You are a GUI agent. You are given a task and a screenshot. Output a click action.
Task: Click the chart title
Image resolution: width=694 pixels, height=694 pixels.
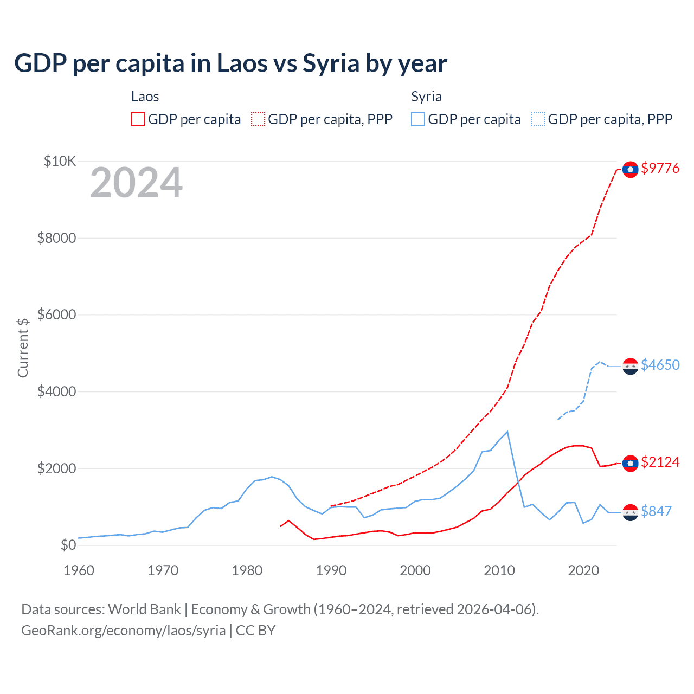click(230, 63)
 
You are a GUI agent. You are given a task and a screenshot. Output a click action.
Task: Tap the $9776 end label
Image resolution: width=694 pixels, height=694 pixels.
click(660, 168)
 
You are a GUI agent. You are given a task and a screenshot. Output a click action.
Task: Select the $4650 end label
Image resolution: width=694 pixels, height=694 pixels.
click(660, 365)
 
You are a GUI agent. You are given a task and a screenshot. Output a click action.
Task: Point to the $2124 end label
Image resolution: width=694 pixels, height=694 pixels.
click(660, 462)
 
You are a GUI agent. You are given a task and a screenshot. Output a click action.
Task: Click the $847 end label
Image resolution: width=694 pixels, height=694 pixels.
click(656, 511)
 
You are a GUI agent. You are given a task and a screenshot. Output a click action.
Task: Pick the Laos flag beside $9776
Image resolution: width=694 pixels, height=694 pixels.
click(630, 170)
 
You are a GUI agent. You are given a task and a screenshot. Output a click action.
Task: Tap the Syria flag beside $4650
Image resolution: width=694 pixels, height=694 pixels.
click(630, 367)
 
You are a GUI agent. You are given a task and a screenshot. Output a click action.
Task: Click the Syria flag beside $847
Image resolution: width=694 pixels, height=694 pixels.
click(630, 512)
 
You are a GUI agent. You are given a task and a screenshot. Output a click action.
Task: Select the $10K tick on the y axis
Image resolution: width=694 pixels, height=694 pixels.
click(60, 161)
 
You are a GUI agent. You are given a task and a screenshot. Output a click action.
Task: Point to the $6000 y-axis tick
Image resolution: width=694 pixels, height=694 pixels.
click(56, 314)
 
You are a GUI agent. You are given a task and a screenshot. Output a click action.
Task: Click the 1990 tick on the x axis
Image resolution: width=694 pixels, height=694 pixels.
click(331, 570)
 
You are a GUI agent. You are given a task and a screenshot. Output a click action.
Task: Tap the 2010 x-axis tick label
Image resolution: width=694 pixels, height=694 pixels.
click(499, 570)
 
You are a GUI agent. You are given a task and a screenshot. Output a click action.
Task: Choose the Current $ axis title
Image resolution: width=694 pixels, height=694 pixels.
click(23, 348)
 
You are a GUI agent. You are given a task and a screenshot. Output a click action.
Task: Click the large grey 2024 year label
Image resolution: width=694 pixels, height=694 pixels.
click(136, 183)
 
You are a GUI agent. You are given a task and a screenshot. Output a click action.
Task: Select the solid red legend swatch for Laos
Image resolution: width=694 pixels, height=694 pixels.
click(138, 119)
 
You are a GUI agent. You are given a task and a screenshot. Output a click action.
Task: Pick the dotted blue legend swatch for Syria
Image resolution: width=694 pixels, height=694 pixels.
click(538, 119)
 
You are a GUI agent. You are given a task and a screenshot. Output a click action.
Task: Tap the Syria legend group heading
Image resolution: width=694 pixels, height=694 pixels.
click(426, 97)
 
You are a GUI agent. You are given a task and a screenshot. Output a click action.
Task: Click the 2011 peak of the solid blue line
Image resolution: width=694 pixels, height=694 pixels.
click(507, 432)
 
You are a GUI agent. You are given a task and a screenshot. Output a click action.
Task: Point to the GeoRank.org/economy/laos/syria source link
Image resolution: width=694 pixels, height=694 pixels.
click(123, 631)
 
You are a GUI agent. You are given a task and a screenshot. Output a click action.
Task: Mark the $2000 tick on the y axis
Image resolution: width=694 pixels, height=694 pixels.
click(56, 468)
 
